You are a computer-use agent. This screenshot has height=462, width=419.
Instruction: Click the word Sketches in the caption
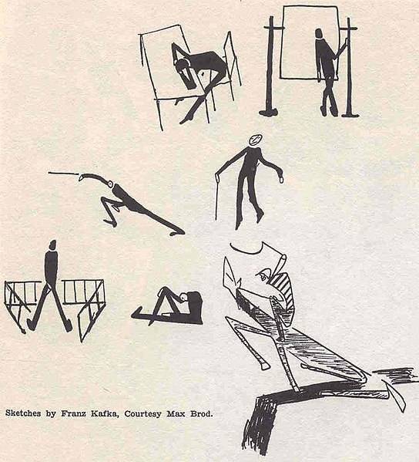tap(23, 413)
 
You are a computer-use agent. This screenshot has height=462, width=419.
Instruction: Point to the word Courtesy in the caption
tap(143, 414)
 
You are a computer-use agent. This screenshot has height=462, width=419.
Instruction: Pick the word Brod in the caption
tap(201, 413)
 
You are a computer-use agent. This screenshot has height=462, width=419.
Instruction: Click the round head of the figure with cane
tap(256, 140)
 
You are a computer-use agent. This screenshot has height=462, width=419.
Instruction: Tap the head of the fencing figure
tap(111, 184)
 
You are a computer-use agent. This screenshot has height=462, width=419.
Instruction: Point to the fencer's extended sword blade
tap(64, 174)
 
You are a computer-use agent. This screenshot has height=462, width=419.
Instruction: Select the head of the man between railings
tap(52, 244)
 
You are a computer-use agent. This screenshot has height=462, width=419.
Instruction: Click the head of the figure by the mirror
tap(319, 33)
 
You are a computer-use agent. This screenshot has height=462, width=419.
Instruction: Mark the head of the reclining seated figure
tap(184, 297)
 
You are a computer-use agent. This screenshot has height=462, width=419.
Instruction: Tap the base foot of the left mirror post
tap(268, 112)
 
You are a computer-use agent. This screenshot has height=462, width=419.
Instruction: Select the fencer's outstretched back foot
tap(177, 232)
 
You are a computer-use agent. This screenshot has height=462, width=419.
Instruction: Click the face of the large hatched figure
tap(264, 275)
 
